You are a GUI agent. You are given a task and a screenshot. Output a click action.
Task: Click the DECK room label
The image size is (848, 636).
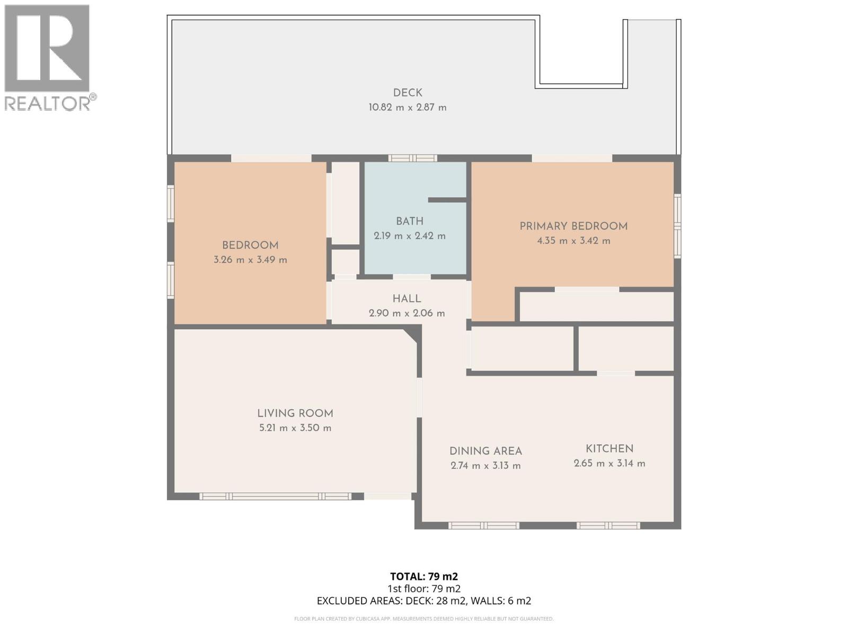[408, 93]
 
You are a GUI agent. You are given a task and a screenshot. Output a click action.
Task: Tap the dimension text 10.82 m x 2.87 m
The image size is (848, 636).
[408, 108]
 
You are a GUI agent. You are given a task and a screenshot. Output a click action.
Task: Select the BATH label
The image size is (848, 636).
[410, 222]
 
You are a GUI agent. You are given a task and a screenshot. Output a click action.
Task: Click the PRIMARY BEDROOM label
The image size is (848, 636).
[573, 226]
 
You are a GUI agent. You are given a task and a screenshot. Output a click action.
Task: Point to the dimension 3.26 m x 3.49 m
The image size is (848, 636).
[250, 260]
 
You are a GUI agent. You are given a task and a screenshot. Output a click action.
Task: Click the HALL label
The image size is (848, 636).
[407, 299]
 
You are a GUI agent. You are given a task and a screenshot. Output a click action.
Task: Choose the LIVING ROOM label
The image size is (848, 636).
[295, 413]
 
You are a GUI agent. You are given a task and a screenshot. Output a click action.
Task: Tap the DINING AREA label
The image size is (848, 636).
[485, 452]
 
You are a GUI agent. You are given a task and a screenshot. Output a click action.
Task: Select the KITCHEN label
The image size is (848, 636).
[609, 449]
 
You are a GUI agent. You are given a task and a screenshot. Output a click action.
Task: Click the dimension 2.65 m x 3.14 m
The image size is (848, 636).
[609, 464]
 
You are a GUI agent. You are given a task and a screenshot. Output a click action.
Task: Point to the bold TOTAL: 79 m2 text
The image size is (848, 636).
[423, 577]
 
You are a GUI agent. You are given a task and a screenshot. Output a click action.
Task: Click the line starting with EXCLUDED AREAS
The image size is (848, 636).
[423, 601]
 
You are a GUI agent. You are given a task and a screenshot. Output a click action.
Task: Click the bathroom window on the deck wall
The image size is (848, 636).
[412, 158]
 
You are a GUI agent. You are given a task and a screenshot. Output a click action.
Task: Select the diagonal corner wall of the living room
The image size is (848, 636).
[410, 335]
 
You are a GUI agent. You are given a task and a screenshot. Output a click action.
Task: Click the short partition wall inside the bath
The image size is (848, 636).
[447, 200]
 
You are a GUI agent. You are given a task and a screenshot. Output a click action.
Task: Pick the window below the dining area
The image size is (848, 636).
[483, 526]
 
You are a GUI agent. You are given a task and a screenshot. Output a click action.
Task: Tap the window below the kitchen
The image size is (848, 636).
[608, 526]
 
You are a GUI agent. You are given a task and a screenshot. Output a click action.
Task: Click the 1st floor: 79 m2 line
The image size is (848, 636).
[423, 589]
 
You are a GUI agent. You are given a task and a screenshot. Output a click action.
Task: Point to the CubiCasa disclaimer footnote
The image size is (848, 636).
[423, 619]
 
